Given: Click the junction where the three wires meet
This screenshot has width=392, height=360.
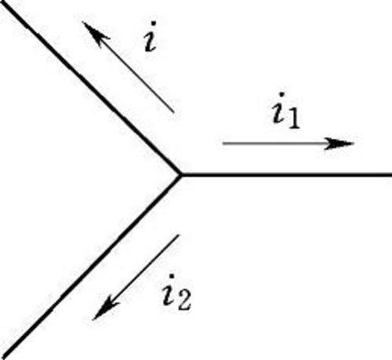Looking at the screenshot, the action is coord(180,175).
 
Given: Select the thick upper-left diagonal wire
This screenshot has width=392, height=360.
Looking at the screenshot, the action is coord(90,89).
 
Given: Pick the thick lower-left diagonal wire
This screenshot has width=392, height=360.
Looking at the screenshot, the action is coord(90,266).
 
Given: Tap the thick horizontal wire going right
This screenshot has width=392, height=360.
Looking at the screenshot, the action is coord(286,175).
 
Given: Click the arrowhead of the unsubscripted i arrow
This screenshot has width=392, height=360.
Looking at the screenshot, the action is coord(95,34).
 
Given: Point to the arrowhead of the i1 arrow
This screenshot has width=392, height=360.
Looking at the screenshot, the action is coord(339,144).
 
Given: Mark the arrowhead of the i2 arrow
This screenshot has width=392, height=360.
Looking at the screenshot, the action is coord(104,309).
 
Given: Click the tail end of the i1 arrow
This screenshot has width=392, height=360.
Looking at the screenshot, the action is coord(223,144).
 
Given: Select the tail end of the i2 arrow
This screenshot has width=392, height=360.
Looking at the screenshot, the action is coord(178,235).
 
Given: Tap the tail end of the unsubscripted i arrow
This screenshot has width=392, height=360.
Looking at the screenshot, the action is coord(173,112).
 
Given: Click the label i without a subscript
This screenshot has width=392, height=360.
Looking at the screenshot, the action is coord(151,37).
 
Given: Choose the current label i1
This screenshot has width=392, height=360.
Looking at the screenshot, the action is coord(285,111).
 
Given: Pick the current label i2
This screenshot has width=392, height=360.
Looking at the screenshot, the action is coord(176,292).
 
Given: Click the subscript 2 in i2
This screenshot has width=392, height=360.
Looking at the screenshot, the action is coord(183,300).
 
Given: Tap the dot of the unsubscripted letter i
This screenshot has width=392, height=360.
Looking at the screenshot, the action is coord(154,24).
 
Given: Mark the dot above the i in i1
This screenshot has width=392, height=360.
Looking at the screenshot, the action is coord(281,95).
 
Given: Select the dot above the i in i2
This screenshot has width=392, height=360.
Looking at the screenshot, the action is coord(172,276).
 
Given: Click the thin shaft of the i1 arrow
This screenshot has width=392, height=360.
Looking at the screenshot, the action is coord(274,144).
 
